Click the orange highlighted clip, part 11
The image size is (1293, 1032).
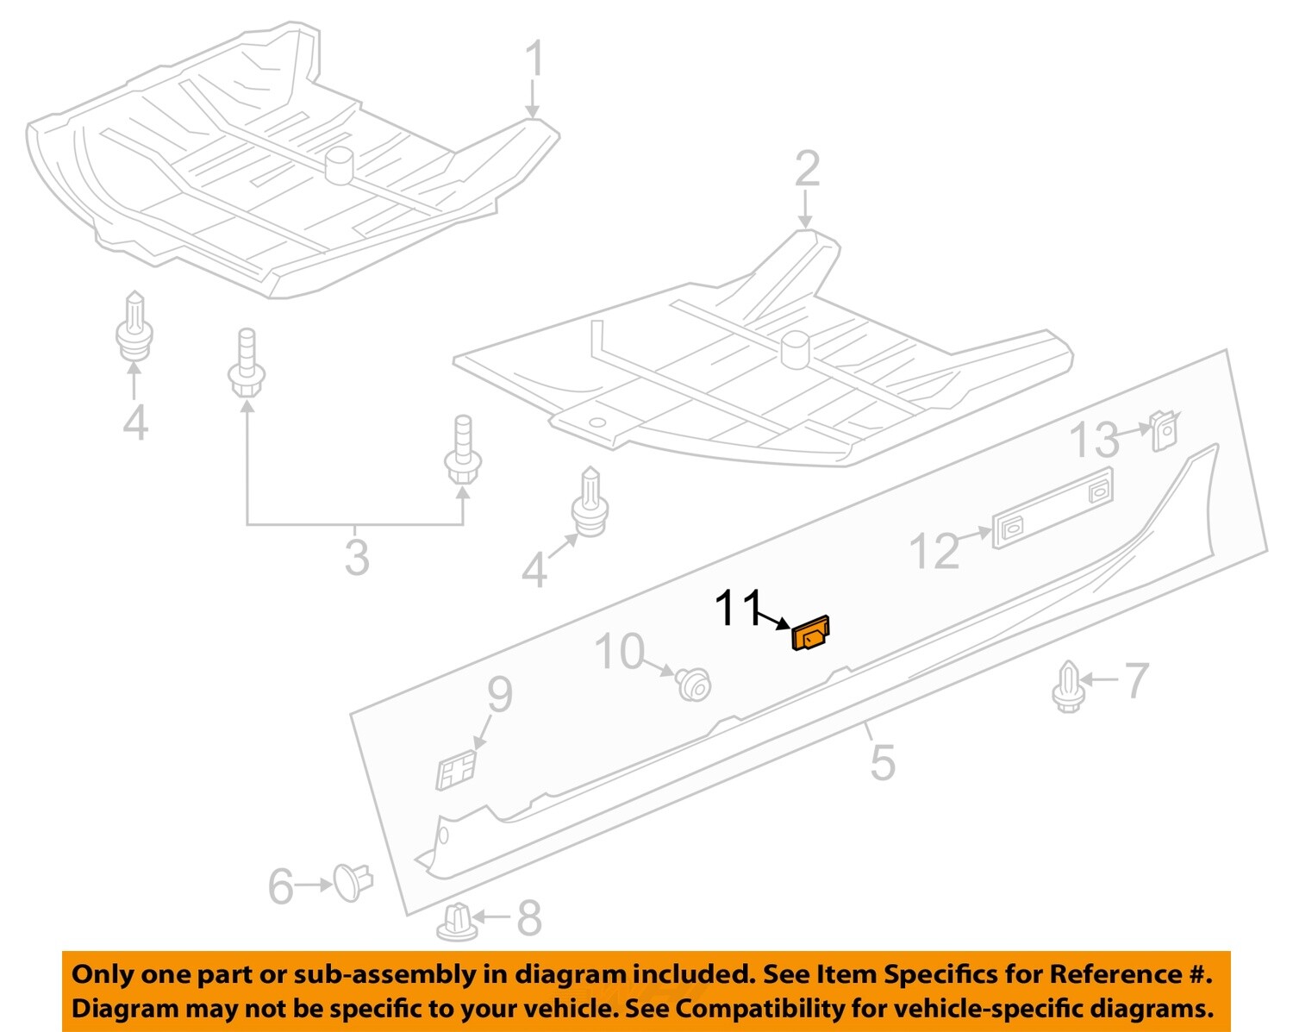[x=810, y=635]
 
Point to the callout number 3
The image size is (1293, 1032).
[x=356, y=556]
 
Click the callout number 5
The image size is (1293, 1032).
[x=882, y=761]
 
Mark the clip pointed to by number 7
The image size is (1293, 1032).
[x=1067, y=686]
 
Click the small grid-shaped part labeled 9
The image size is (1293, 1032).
[x=456, y=769]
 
